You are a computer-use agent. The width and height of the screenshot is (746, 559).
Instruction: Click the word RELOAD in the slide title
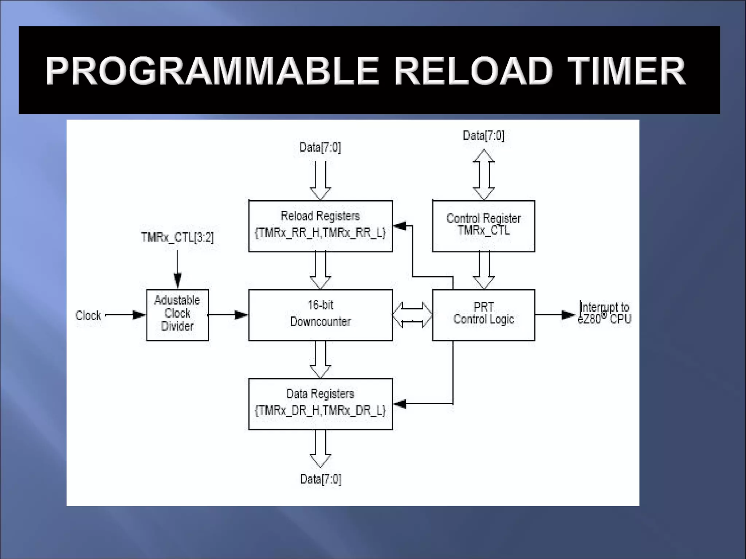click(x=474, y=71)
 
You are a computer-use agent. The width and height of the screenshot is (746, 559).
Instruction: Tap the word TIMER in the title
click(x=627, y=71)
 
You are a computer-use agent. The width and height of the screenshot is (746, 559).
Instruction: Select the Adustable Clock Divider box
click(x=177, y=315)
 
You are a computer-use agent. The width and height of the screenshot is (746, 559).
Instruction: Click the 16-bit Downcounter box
click(x=320, y=315)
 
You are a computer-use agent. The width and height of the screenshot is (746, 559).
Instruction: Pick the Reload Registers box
click(x=320, y=226)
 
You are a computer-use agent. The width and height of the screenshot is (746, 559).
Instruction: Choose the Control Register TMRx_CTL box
click(x=483, y=226)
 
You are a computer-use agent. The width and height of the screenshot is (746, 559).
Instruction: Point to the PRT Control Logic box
click(x=483, y=315)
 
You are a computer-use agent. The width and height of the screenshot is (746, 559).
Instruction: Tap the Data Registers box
click(x=320, y=404)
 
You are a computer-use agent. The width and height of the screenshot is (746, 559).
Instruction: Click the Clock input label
click(x=88, y=315)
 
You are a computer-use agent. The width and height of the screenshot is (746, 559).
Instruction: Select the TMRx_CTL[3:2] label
click(x=177, y=237)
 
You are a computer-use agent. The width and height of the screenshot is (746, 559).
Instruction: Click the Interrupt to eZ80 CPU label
click(x=604, y=313)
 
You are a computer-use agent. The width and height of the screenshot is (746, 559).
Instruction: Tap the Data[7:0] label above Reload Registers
click(x=320, y=147)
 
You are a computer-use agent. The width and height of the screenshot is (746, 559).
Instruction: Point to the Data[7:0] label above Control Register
click(x=483, y=135)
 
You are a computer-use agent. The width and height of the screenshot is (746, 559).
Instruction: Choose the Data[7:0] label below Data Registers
click(x=321, y=479)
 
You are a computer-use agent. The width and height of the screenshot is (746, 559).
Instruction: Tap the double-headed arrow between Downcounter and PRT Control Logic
click(x=412, y=315)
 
